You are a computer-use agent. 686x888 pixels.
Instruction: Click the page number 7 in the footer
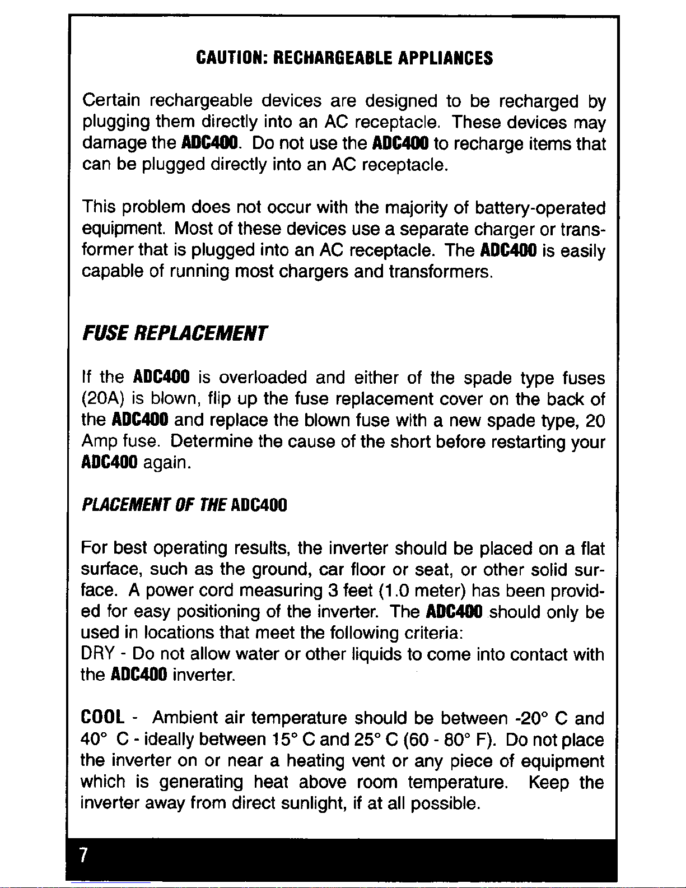point(83,855)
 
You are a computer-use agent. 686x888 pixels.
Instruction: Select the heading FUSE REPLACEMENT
point(174,334)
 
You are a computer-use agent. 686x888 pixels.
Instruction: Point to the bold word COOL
point(102,718)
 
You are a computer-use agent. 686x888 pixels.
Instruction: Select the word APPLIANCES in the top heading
point(446,58)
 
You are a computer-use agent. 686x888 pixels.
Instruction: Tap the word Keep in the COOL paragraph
point(549,783)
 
